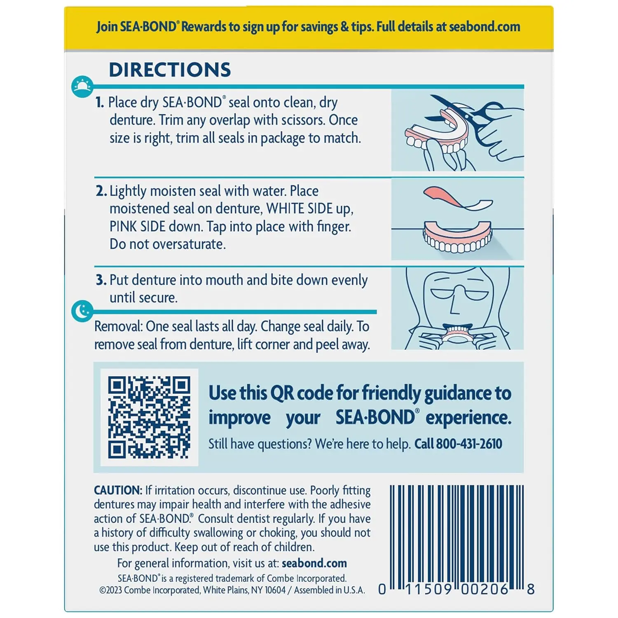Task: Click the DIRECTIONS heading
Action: [x=170, y=70]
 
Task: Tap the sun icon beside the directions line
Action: [x=82, y=87]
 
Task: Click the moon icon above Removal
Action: [x=82, y=311]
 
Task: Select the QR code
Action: [x=149, y=417]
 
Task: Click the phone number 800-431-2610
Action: [x=469, y=444]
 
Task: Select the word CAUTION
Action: [x=118, y=490]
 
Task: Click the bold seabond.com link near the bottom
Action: [x=314, y=563]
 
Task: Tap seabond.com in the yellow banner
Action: [x=484, y=27]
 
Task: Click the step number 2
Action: [x=101, y=191]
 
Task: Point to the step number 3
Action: [x=101, y=280]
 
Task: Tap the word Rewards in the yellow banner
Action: [x=204, y=27]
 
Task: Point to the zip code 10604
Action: [x=275, y=590]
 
